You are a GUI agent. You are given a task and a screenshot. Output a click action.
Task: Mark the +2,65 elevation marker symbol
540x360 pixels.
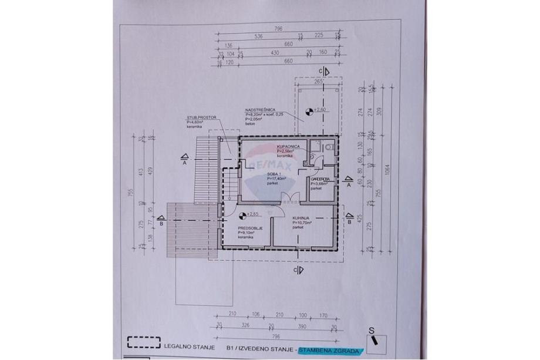pyautogui.click(x=242, y=214)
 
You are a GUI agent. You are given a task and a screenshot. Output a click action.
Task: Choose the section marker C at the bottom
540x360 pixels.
pyautogui.click(x=299, y=270)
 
